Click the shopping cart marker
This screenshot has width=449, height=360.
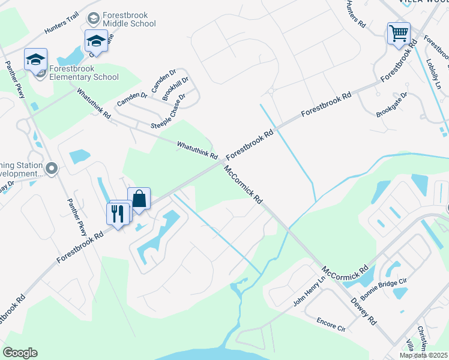point(399,33)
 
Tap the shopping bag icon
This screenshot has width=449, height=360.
point(139,198)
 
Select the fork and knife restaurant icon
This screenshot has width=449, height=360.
point(118,213)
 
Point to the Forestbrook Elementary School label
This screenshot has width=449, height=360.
point(84,73)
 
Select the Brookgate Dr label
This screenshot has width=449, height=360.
point(391,104)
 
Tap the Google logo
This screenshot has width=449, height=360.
point(20,353)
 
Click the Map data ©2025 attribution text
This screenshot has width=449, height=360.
point(423,355)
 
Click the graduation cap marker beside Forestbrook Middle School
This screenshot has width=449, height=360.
point(95,41)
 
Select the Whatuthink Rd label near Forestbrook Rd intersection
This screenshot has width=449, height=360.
point(197,150)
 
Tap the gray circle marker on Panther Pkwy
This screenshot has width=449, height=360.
point(52,169)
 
